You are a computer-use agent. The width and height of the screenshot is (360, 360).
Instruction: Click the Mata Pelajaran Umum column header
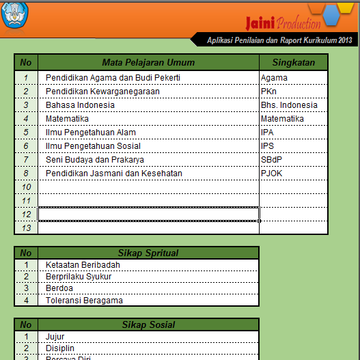point(148,62)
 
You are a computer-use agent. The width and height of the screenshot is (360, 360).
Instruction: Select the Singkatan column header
point(294,62)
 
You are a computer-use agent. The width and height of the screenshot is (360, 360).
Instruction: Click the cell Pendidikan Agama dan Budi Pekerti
point(113,78)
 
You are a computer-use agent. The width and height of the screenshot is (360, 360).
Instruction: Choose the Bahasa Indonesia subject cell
point(80,105)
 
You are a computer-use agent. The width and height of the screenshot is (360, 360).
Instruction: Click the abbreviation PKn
point(268,92)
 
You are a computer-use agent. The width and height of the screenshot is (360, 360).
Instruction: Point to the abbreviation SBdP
point(271,160)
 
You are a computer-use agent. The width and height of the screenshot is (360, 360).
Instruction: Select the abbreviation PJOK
point(271,174)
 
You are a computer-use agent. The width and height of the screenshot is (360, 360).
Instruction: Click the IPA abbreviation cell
point(267,133)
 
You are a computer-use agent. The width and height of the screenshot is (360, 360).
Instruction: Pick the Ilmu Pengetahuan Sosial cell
point(93,146)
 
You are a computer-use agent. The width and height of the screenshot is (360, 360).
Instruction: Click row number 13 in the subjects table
point(26,228)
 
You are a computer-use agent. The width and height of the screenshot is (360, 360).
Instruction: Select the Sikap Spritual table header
point(148,253)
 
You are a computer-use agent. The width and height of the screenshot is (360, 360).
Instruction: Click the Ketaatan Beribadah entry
point(83,265)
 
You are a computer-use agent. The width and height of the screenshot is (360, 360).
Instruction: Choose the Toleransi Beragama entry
point(84,300)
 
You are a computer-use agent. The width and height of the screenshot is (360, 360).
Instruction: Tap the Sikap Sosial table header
point(148,324)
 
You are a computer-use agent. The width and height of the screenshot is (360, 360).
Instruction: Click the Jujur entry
point(55,337)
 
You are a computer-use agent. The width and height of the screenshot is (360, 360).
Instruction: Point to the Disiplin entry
point(59,348)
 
